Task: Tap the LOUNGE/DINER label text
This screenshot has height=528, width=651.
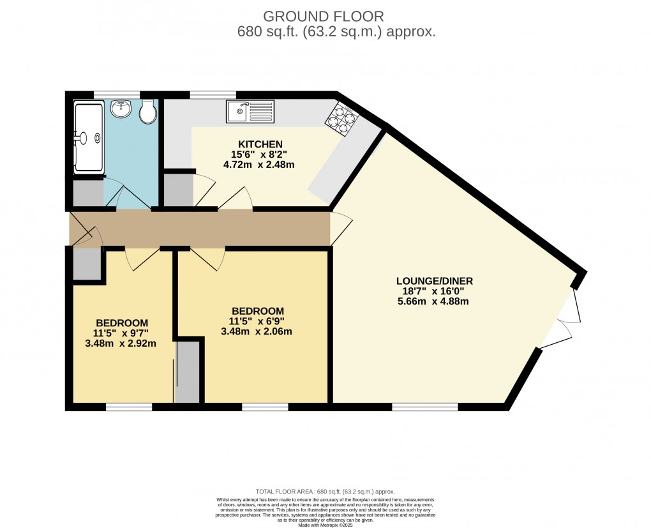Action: [x=434, y=281]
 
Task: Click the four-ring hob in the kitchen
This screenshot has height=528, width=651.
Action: [x=343, y=120]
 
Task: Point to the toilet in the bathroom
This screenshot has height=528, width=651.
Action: [x=148, y=112]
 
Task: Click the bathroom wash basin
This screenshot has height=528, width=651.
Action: [x=121, y=110]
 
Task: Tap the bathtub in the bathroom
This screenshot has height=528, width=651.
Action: [x=89, y=137]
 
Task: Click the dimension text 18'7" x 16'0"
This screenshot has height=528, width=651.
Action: [x=434, y=291]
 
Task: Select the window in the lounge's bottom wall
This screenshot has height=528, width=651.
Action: [x=424, y=406]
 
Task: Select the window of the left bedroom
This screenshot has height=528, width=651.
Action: [x=128, y=406]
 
